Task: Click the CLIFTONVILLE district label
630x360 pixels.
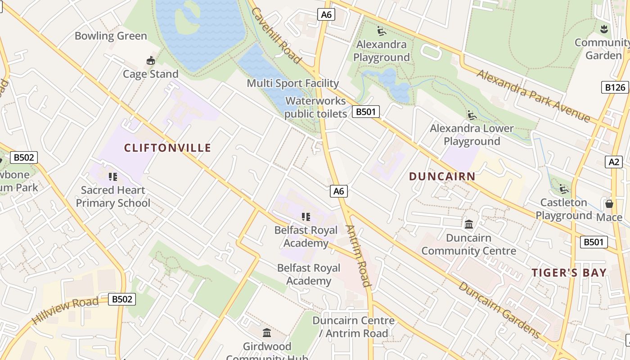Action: point(167,148)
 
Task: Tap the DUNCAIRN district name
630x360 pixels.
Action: point(442,176)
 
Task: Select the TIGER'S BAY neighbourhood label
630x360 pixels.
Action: point(569,273)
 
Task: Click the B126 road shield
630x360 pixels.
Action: point(615,87)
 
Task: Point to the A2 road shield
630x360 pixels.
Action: point(615,162)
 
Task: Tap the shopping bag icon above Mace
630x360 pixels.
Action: point(609,204)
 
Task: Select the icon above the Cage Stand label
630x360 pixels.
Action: point(150,60)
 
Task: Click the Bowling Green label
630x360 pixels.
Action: point(111,36)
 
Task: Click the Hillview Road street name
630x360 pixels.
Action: point(65,310)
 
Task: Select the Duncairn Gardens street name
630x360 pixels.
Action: point(499,310)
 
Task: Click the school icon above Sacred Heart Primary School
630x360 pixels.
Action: point(112,176)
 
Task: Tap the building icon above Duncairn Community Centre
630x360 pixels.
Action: point(468,224)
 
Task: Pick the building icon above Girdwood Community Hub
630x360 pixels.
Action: point(267,333)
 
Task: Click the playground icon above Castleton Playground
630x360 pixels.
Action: point(563,189)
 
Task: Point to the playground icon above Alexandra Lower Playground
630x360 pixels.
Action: point(472,115)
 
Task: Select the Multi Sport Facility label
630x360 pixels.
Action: point(292,83)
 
